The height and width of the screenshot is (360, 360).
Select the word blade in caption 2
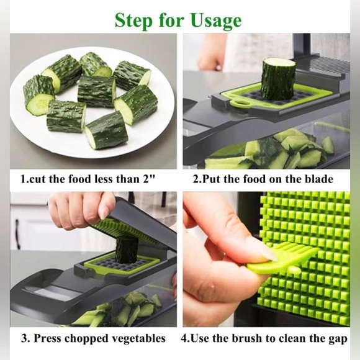click(317, 179)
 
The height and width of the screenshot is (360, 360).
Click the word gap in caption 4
click(336, 339)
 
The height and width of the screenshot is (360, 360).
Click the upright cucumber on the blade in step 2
click(277, 78)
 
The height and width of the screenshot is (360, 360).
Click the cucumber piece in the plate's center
click(96, 91)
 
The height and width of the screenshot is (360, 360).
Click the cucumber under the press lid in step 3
click(126, 250)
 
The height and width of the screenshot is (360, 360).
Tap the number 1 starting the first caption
click(24, 179)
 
